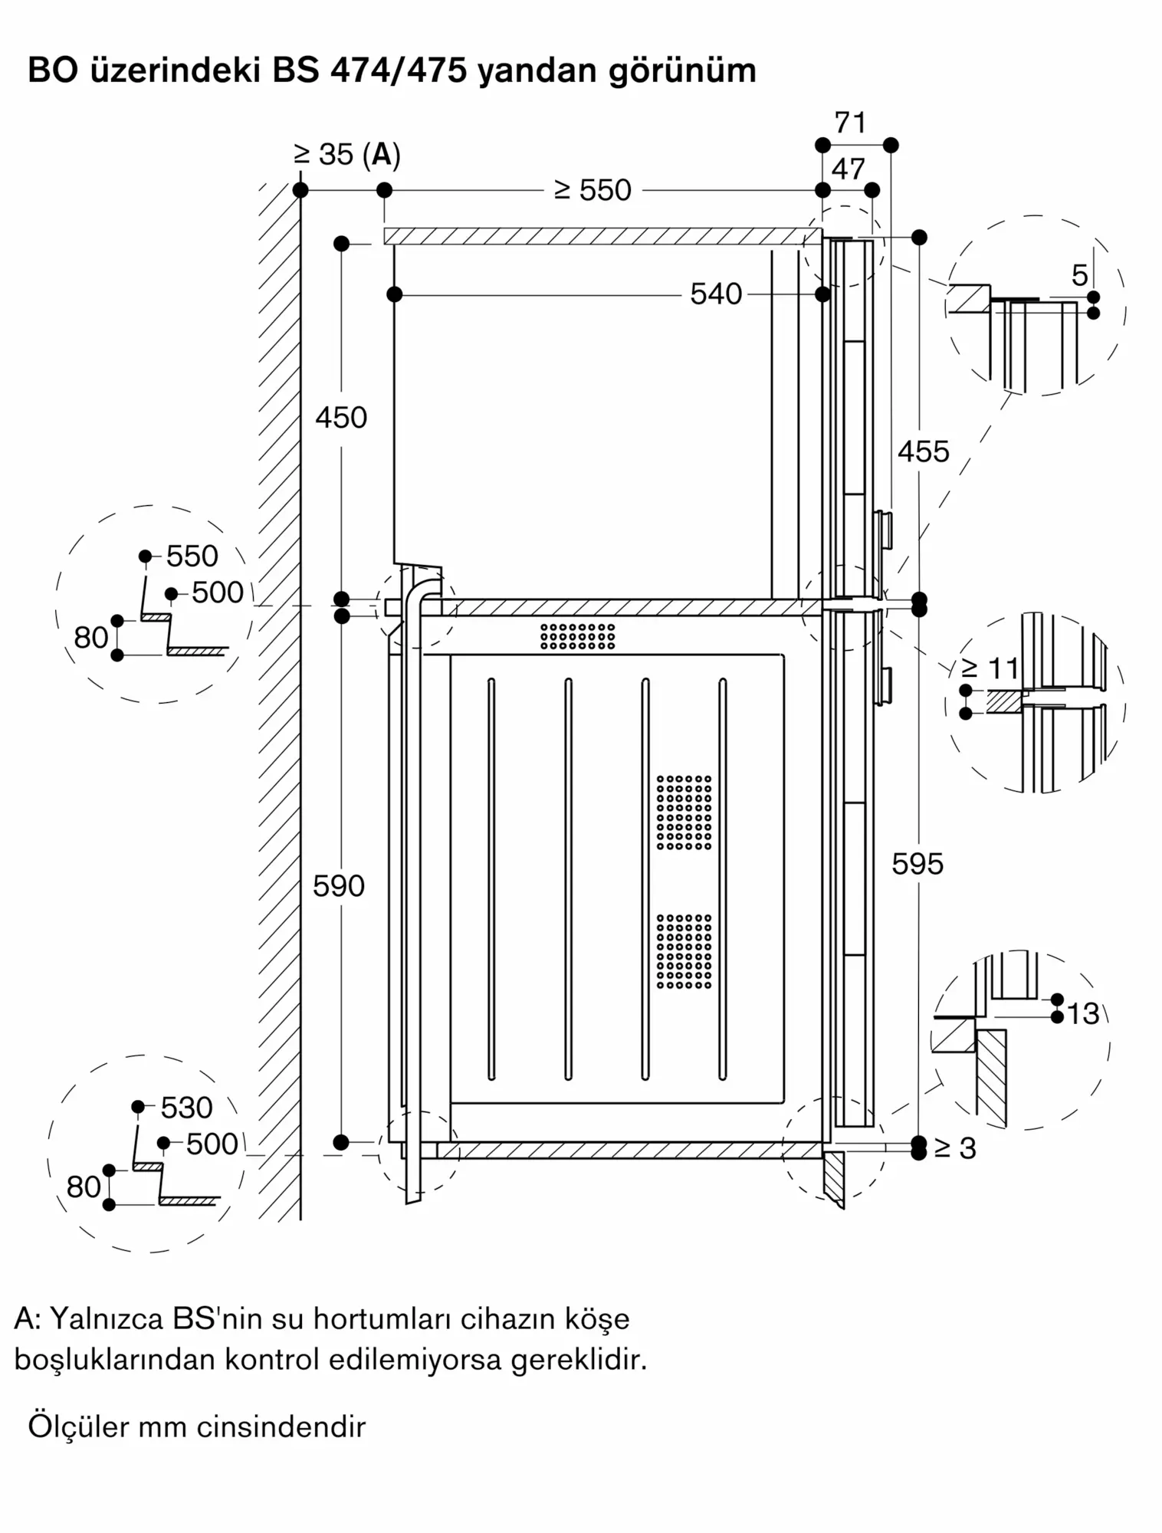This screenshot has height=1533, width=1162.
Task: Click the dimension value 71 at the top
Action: pos(850,123)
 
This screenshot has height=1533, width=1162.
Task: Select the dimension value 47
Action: pos(848,169)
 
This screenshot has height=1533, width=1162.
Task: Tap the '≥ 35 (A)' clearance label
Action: pos(347,155)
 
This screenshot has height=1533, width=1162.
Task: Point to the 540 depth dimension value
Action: pos(716,294)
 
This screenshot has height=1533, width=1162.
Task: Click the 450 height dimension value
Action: pos(341,418)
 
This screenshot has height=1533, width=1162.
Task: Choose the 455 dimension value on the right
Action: pos(923,451)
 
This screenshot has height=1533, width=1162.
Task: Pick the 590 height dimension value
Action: pos(339,886)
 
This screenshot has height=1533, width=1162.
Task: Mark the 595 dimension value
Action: pos(917,865)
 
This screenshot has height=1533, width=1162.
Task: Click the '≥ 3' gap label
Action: pos(955,1148)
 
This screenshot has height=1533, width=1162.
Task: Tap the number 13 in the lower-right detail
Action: pos(1082,1014)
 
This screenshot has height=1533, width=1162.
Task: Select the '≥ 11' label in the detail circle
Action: pos(990,669)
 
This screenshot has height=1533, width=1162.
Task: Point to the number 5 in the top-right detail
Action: pos(1079,275)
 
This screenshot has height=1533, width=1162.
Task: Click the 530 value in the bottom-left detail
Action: pos(186,1108)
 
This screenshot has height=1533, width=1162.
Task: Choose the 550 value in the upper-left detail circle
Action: pos(192,556)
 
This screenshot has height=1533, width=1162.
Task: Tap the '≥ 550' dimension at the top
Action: pos(592,190)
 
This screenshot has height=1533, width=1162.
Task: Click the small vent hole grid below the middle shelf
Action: pos(577,636)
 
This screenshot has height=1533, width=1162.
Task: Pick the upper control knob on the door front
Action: pos(884,530)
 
